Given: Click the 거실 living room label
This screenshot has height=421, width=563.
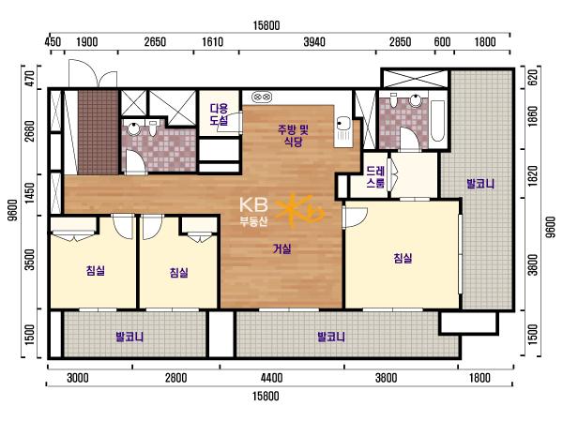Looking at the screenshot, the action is [282, 248].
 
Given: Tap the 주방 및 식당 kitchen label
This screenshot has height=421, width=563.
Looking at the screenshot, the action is [293, 135].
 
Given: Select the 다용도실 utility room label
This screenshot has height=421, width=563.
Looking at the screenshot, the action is [219, 114].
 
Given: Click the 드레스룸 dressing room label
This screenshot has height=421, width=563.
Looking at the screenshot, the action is [375, 177].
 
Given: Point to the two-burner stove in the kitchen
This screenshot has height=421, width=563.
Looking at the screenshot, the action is [262, 97].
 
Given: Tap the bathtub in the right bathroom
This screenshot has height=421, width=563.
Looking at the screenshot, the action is [438, 121].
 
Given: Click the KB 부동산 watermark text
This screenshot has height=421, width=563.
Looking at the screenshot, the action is [254, 212].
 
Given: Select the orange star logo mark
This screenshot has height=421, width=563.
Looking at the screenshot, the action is [300, 211].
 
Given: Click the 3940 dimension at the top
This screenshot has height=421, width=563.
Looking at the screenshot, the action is [314, 42].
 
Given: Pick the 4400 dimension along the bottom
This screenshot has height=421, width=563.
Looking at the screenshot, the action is [272, 378].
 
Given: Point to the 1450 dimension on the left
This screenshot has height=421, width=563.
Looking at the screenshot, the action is [29, 193].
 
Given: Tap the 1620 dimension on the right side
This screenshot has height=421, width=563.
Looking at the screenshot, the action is [534, 176].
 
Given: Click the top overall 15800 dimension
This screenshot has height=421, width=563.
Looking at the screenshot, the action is [266, 25].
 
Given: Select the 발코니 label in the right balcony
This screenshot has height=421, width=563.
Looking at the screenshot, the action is [480, 184].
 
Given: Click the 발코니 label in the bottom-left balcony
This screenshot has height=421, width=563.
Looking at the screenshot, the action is [129, 337].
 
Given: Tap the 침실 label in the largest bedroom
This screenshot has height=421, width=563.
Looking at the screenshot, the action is [403, 258].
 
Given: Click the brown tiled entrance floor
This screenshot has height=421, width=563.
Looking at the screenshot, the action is [99, 132].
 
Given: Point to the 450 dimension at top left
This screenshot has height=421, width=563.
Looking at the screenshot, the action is [53, 42].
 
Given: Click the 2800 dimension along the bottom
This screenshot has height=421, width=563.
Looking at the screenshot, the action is [176, 378].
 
